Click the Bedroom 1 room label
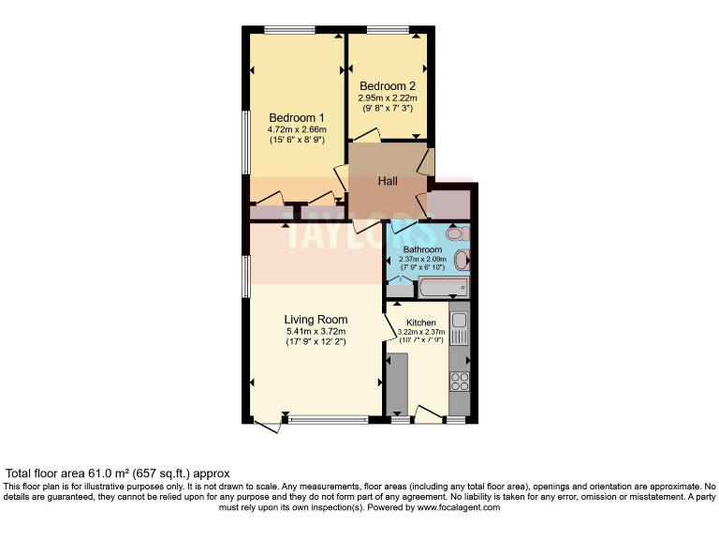(290, 116)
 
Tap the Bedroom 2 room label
(387, 86)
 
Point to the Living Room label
(315, 320)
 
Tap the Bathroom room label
(422, 249)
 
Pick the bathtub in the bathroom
(443, 288)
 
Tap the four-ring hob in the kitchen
(460, 381)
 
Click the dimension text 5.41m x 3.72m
(315, 331)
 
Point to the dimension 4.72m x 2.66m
(290, 128)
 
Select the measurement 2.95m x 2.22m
(387, 97)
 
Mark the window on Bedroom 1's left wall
(246, 142)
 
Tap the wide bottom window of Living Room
(329, 419)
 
